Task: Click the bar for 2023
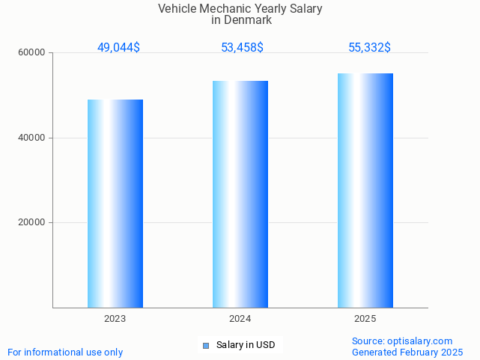click(115, 204)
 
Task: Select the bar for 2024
click(240, 194)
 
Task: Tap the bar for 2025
click(365, 190)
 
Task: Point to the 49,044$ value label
click(118, 48)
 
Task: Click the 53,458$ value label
click(242, 48)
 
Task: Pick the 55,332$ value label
click(369, 48)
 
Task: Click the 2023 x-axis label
click(115, 319)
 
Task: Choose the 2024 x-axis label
click(240, 319)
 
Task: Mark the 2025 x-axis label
click(365, 319)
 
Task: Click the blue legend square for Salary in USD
click(207, 345)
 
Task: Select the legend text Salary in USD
click(246, 345)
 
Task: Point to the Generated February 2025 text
click(407, 353)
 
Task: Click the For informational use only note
click(65, 353)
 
